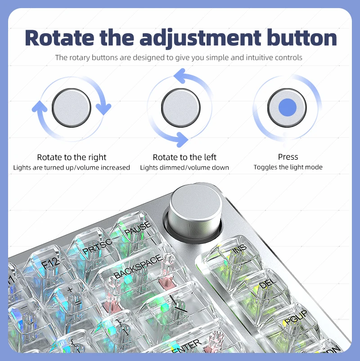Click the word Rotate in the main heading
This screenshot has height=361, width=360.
[59, 38]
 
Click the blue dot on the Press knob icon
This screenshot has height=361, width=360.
[287, 107]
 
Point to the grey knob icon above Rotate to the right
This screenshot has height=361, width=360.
[72, 108]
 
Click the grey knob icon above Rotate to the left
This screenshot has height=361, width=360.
[181, 108]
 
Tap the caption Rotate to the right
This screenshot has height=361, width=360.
[72, 157]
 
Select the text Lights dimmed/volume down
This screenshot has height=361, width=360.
[184, 167]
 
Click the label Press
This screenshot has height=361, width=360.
[288, 157]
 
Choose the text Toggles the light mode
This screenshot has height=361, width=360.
[288, 167]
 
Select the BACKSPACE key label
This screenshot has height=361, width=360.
[138, 267]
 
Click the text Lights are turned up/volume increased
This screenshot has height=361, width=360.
[72, 167]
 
